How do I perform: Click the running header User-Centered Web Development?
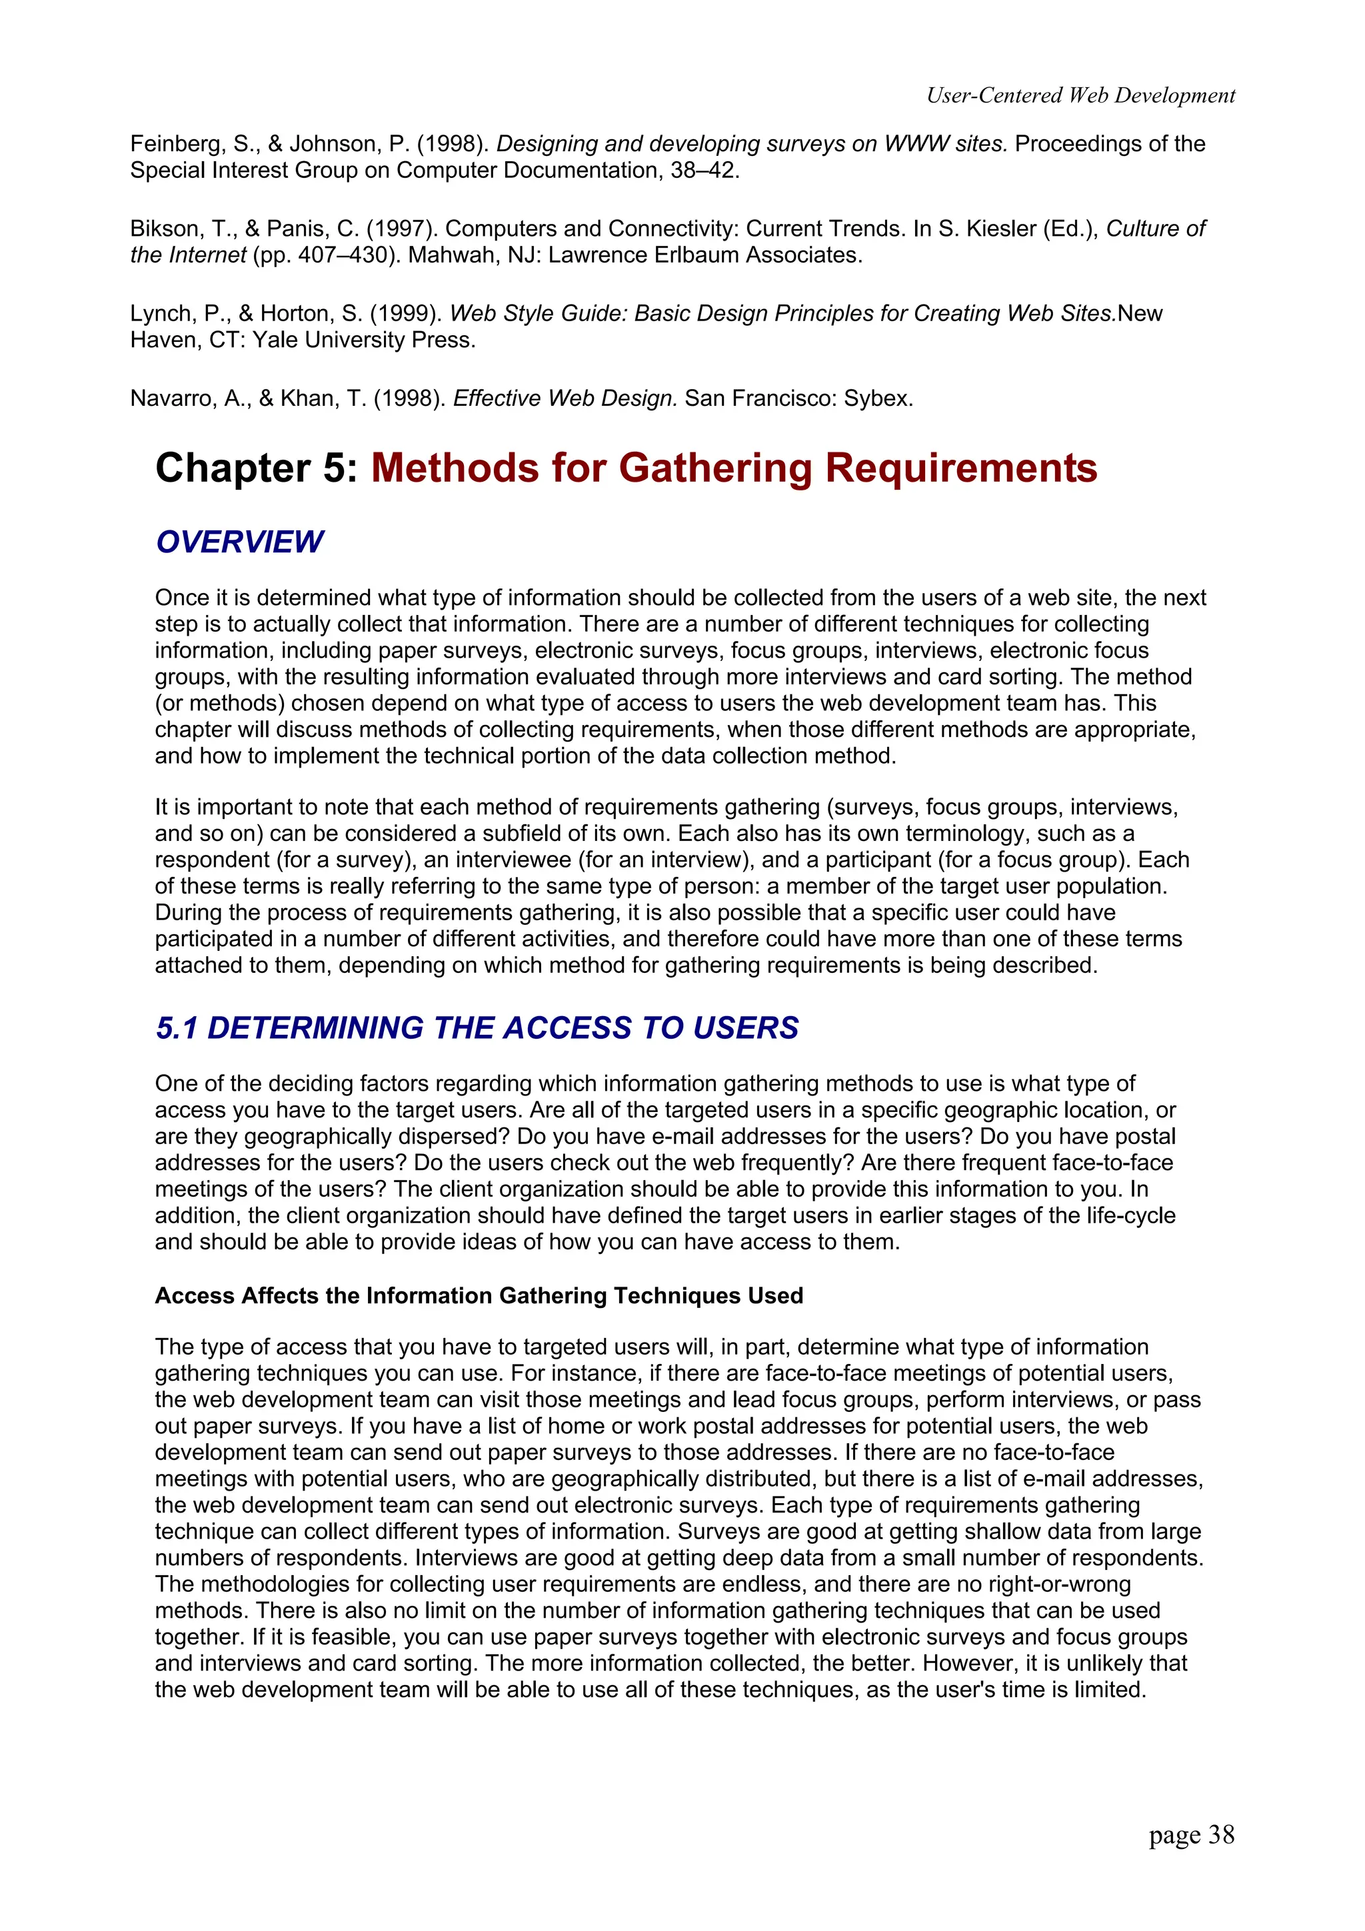(1080, 96)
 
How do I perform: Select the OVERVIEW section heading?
(240, 542)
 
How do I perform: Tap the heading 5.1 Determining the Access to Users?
(477, 1027)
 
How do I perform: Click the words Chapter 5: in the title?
(257, 468)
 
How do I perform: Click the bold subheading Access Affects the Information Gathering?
(479, 1295)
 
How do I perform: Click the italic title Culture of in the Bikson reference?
(1155, 229)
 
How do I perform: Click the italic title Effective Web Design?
(565, 398)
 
